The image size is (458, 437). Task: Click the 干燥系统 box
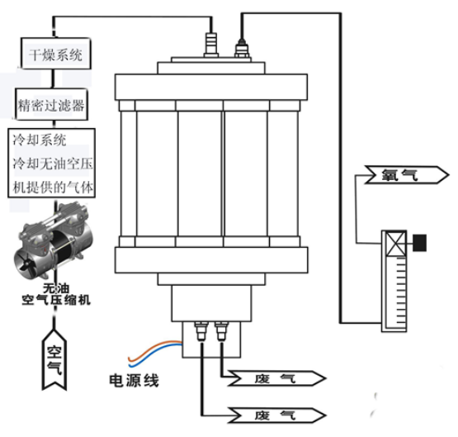click(x=56, y=54)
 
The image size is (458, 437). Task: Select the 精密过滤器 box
click(x=51, y=104)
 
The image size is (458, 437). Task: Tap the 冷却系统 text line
click(x=39, y=140)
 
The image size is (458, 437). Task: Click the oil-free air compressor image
click(x=54, y=241)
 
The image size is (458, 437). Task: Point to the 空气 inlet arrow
click(x=54, y=360)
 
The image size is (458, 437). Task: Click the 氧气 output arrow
click(x=407, y=175)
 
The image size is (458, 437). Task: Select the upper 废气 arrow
click(x=276, y=378)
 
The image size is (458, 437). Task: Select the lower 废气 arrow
click(x=276, y=415)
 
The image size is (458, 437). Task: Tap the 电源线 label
click(x=134, y=381)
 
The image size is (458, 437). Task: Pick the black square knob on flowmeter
click(x=419, y=243)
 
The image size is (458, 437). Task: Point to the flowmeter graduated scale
click(x=401, y=292)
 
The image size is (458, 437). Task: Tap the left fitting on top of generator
click(x=211, y=45)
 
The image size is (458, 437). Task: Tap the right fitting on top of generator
click(x=242, y=48)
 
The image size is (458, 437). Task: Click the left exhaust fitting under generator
click(x=201, y=331)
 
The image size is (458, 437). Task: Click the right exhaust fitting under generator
click(x=221, y=331)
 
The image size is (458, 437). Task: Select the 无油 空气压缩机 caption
click(x=56, y=294)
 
